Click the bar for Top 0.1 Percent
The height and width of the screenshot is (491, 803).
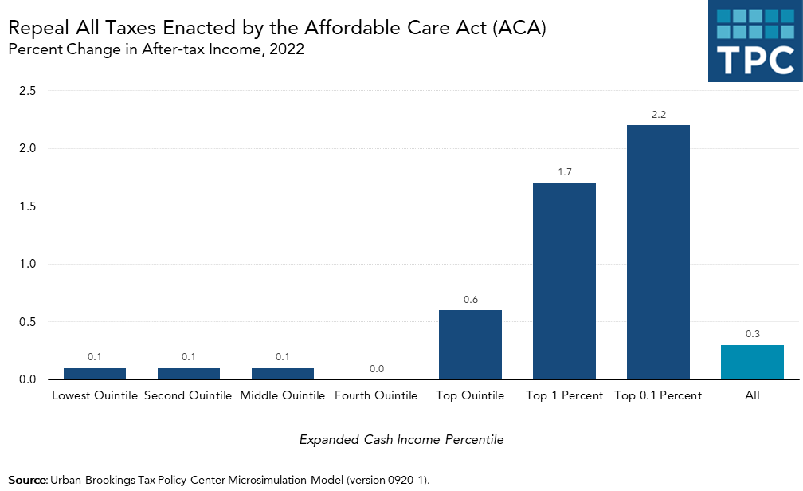click(658, 252)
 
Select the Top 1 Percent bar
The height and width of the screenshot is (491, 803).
click(564, 281)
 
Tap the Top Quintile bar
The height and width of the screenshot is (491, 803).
click(470, 344)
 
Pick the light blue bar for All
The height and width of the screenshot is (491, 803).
click(752, 362)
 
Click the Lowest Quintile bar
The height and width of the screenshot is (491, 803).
click(95, 373)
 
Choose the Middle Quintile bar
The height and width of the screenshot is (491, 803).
click(283, 373)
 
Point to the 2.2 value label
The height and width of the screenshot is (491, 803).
click(658, 115)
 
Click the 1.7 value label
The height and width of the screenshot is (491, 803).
click(564, 172)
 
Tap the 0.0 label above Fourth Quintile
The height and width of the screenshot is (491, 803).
click(377, 368)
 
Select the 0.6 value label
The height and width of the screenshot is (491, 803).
click(470, 299)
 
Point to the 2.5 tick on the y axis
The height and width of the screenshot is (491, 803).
click(27, 91)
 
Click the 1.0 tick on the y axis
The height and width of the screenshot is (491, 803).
click(27, 264)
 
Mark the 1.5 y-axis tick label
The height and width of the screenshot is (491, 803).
click(27, 206)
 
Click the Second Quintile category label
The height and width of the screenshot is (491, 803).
click(188, 395)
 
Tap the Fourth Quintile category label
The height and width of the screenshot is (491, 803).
click(376, 395)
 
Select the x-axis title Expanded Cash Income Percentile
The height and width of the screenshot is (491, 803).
click(401, 439)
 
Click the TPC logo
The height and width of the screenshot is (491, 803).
click(754, 41)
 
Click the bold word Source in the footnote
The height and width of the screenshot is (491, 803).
click(26, 480)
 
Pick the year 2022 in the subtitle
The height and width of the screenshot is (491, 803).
click(288, 50)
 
